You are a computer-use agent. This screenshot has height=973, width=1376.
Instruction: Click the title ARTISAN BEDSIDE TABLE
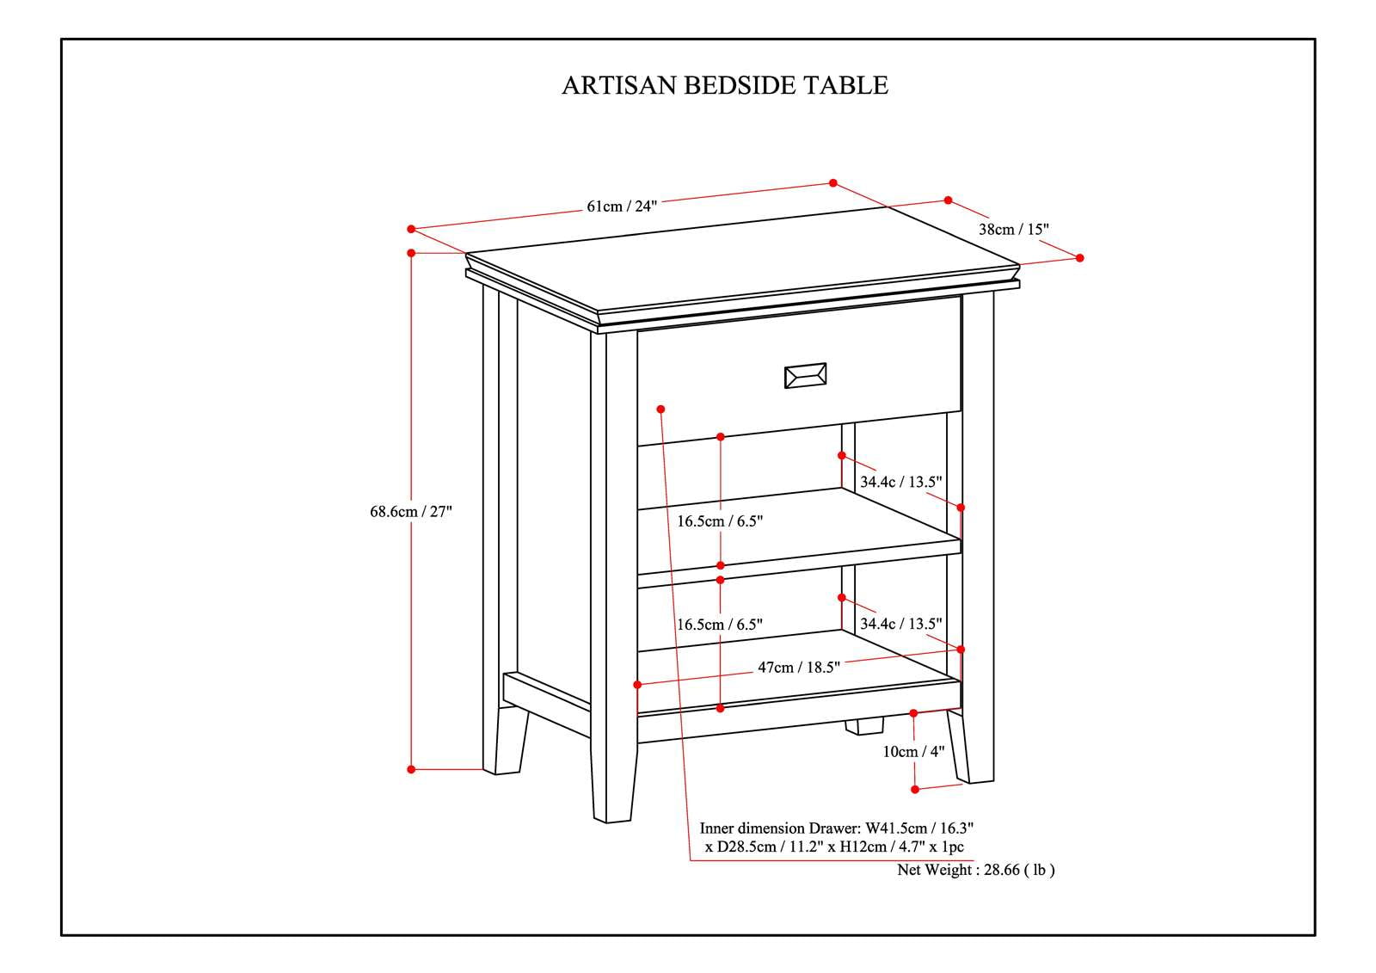point(724,85)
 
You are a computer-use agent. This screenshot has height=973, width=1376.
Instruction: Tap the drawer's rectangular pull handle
point(805,376)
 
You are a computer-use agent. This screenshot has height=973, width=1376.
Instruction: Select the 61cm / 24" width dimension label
point(622,206)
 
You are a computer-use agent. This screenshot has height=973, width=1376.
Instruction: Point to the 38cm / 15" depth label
point(1014,230)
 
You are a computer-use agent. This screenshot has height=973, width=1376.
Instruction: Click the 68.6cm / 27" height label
point(410,512)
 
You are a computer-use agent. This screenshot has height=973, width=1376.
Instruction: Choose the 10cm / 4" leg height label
point(913,751)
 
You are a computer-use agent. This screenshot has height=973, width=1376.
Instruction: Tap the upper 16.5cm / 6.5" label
point(720,521)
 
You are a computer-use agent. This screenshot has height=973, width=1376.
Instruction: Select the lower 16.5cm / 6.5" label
point(720,625)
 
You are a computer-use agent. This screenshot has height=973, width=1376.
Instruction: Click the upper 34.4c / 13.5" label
point(900,482)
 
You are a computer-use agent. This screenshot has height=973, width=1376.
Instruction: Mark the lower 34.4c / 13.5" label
point(900,624)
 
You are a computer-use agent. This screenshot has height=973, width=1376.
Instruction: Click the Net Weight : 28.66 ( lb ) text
point(975,870)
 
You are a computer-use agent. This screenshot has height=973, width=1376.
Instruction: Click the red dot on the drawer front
point(660,408)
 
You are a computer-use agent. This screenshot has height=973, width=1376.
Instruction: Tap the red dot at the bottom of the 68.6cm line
point(411,769)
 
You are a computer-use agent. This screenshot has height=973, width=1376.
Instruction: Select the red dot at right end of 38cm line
point(1080,258)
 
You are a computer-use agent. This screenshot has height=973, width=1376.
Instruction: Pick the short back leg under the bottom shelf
point(863,726)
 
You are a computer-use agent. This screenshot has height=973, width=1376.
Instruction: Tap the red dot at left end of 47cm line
point(637,685)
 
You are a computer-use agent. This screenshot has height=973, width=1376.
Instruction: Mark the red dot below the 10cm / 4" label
point(915,789)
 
